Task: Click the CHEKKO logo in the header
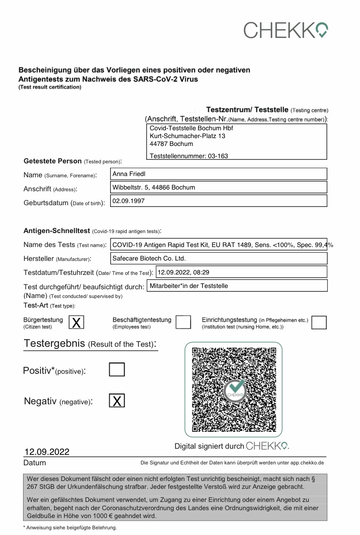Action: (x=286, y=30)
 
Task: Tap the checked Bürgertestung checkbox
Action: (x=76, y=322)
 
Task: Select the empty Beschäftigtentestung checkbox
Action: (x=183, y=322)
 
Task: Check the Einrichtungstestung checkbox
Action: (x=319, y=322)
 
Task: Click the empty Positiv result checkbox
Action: (x=117, y=369)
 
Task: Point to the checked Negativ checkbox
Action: (x=117, y=400)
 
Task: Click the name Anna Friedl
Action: (x=129, y=174)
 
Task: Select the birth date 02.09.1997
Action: (x=128, y=201)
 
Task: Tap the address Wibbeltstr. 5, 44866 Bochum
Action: (x=154, y=187)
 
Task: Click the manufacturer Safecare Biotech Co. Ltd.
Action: (x=149, y=258)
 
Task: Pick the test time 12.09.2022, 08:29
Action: (x=184, y=272)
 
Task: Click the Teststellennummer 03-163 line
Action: (x=188, y=156)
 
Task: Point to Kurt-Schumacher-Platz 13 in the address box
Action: (x=187, y=136)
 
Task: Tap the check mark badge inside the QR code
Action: (x=236, y=389)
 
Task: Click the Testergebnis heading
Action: (x=90, y=343)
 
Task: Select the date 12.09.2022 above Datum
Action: (x=47, y=452)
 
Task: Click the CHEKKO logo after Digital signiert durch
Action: (x=267, y=446)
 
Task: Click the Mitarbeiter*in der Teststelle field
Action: (x=188, y=286)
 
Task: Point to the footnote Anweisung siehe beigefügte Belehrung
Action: (x=70, y=528)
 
